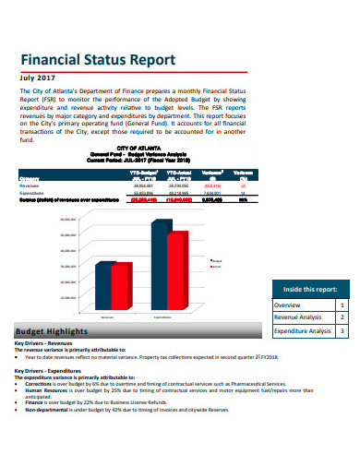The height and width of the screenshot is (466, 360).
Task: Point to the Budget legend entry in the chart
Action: tap(216, 262)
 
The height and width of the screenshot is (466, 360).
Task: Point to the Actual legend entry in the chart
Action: tap(216, 269)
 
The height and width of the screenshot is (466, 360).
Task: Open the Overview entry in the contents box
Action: tap(287, 305)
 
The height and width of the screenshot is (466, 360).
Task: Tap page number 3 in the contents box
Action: tap(342, 330)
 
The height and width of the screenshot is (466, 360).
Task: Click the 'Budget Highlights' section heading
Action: tap(52, 331)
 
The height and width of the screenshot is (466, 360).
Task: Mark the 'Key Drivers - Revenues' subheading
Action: tap(43, 344)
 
